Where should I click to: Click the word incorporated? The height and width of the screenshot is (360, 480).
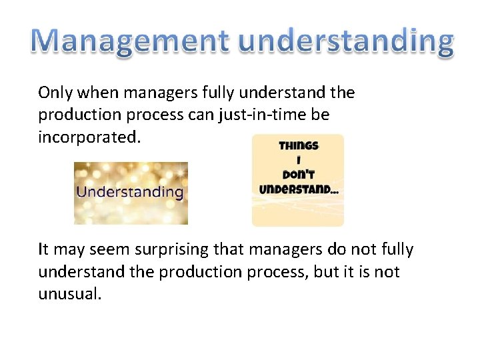(x=89, y=137)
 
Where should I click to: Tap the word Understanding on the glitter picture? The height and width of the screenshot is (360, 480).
(x=130, y=192)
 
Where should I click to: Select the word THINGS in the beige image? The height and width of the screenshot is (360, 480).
(x=299, y=146)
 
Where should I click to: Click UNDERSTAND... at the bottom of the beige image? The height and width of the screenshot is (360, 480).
(x=298, y=189)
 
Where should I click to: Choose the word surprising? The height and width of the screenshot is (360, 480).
(x=167, y=250)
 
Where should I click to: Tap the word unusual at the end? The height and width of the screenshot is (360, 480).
(x=69, y=294)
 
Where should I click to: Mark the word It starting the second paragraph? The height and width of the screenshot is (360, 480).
(x=44, y=250)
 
